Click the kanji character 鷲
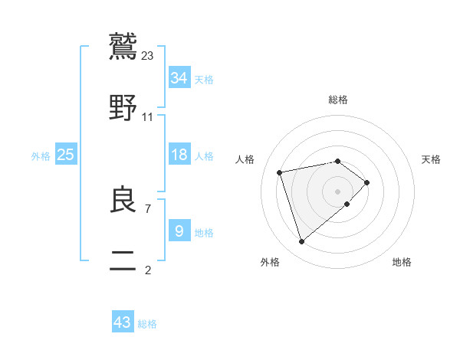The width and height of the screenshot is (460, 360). pos(123,47)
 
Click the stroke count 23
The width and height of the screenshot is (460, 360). pos(148,55)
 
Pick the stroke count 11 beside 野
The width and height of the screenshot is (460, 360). pos(148,116)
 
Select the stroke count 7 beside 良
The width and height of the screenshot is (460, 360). pos(148,208)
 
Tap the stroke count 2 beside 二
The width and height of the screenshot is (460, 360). pos(148,270)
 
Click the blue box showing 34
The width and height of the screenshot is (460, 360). pos(179,78)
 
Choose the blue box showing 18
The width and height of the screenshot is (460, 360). pos(179,155)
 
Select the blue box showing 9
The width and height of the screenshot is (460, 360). pos(179,231)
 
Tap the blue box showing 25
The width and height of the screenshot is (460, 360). pos(66,155)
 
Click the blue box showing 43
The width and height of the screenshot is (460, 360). pos(123,322)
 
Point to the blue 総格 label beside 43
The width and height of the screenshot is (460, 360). pos(147,324)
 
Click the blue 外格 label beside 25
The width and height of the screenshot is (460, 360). pos(41,156)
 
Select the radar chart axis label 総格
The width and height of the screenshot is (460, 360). pos(338,100)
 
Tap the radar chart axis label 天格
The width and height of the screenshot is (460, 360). pos(431,159)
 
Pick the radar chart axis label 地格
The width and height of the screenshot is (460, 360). pos(402,262)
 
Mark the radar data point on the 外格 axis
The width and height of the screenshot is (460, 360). pos(302,242)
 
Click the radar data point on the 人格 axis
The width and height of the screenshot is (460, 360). pos(280,172)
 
